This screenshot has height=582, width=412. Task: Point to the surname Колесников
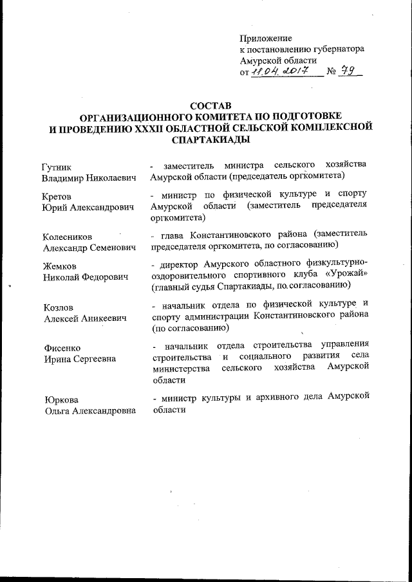(x=70, y=236)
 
